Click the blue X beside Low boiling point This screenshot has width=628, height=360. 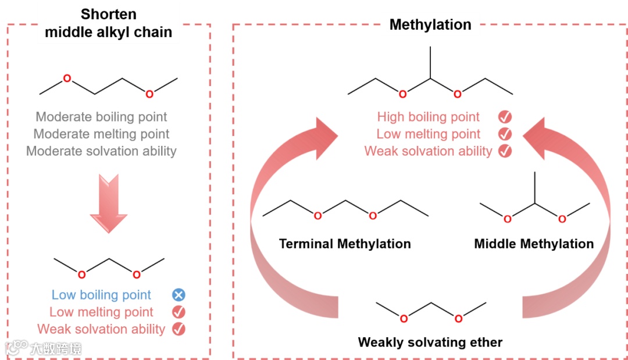point(179,295)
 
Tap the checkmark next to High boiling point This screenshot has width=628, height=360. point(505,117)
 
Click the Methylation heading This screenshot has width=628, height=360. point(430,24)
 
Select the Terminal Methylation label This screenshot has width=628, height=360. point(345,244)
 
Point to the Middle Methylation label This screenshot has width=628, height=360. point(534,244)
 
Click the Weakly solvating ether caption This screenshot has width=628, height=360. point(430,342)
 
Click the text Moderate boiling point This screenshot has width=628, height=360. point(102,117)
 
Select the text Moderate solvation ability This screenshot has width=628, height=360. point(101,151)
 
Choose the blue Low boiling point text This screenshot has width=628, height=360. point(101,295)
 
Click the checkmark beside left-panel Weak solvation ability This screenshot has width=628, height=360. point(179,329)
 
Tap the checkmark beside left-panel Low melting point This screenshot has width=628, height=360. point(179,312)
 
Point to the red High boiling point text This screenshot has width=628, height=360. point(429,117)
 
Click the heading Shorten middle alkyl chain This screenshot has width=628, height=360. point(109,23)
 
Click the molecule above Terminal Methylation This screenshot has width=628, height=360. point(345,209)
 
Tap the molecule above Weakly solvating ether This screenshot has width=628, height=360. point(431,311)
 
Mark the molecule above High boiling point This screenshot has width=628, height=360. point(430,79)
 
